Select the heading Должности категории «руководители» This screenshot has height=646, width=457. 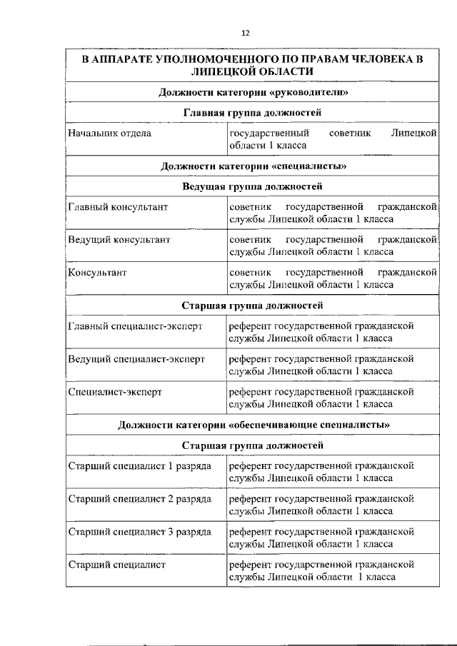click(253, 93)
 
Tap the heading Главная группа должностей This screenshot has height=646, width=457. click(253, 113)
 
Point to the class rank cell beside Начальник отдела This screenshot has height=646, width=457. click(333, 138)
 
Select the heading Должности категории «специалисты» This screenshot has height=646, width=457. click(253, 167)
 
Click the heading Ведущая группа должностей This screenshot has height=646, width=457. click(253, 187)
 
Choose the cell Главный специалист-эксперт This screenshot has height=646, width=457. click(135, 325)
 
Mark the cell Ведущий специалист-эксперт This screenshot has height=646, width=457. click(136, 358)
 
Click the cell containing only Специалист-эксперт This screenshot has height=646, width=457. click(115, 392)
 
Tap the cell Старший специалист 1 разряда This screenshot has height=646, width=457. click(139, 465)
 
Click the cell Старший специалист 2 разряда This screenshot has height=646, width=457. click(139, 498)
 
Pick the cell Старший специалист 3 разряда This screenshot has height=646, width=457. click(139, 532)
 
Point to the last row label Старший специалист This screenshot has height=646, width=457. click(116, 565)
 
